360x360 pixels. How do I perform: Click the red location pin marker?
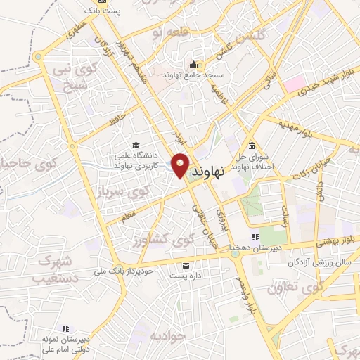coord(181,165)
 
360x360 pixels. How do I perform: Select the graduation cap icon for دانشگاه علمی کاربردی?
coord(134,145)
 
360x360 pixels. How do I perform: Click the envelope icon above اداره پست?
coord(186,265)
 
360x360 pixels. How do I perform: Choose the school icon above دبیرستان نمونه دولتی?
coord(65,328)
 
